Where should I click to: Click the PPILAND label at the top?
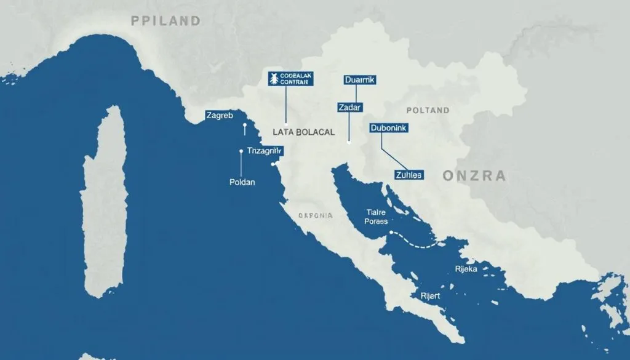click(x=166, y=21)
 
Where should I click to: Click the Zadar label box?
click(x=349, y=107)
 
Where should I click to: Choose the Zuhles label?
click(x=408, y=175)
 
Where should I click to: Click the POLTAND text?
click(x=428, y=111)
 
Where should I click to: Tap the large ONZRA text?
click(x=474, y=176)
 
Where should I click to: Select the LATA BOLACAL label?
click(x=303, y=132)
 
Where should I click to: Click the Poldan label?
click(x=242, y=182)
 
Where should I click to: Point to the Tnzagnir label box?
click(x=265, y=151)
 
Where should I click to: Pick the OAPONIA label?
click(x=316, y=216)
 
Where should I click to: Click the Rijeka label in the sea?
click(x=466, y=268)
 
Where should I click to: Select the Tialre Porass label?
click(x=376, y=215)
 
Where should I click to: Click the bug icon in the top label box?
click(x=273, y=78)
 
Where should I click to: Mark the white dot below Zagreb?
click(x=245, y=126)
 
